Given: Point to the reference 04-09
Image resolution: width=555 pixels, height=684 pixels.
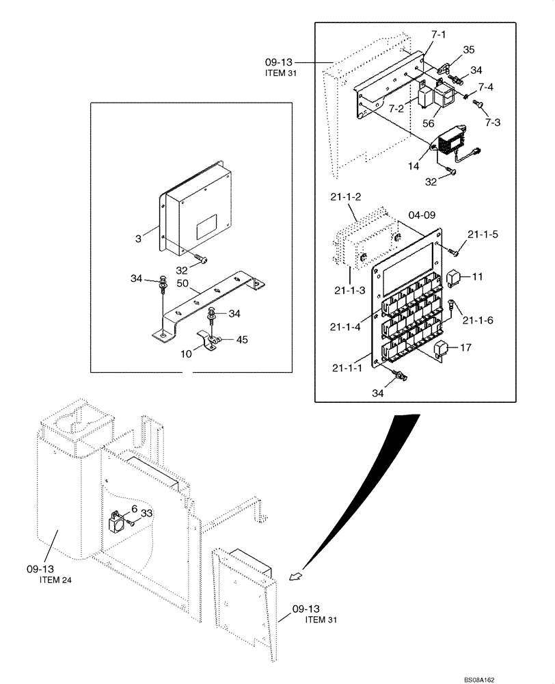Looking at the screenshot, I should click(x=421, y=214).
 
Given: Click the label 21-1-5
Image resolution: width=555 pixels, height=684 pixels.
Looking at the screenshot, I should click(x=483, y=234).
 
